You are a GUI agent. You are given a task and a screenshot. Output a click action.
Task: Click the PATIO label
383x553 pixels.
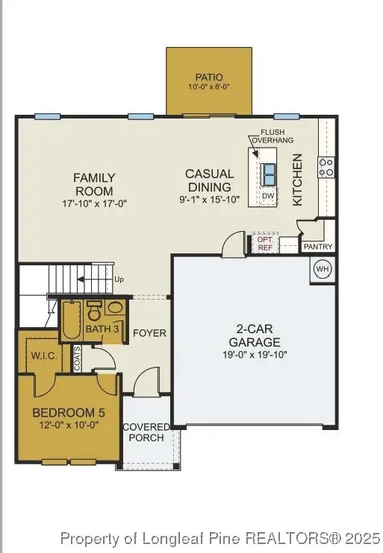coord(208,77)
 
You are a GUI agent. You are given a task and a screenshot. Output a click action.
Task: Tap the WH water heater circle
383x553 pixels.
coord(322,269)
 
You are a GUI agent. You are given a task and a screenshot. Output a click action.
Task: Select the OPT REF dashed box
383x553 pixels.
coord(265,243)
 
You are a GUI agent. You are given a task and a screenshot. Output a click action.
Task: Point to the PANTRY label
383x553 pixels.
coord(317,247)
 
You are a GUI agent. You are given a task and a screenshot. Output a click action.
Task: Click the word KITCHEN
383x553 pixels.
coord(297,180)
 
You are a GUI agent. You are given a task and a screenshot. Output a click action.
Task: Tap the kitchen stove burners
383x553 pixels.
coord(326,167)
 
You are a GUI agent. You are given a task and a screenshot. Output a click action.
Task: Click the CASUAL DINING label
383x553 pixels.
coord(209,180)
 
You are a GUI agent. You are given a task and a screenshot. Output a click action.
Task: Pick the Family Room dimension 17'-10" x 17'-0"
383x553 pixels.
coord(94,203)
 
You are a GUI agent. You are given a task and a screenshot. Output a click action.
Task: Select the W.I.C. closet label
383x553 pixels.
coord(44,355)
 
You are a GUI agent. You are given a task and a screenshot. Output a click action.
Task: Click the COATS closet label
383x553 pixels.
coord(78,358)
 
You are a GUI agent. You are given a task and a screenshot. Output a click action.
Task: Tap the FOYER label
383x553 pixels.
coord(149,333)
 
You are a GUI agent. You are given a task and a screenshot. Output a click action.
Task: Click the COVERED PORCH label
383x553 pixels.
coord(146,432)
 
